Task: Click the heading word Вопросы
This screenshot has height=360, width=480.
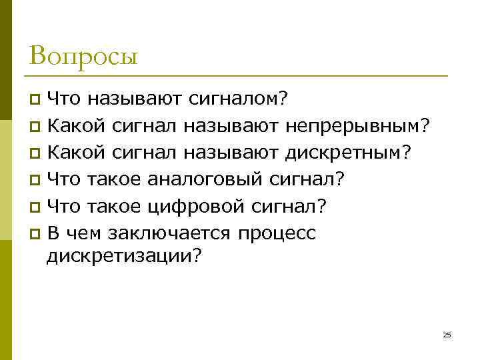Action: [x=83, y=55]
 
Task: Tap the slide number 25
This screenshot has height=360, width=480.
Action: [x=447, y=335]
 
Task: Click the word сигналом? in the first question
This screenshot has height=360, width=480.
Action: [x=239, y=99]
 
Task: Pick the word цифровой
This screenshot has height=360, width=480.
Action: [x=194, y=207]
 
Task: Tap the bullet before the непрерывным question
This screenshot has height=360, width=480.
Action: [x=35, y=126]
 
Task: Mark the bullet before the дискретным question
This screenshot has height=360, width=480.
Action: [x=35, y=153]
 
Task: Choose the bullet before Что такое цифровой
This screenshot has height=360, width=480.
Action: [x=35, y=207]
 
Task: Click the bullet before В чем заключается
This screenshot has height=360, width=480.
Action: [x=35, y=234]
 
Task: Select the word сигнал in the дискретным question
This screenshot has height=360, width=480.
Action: [x=145, y=153]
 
